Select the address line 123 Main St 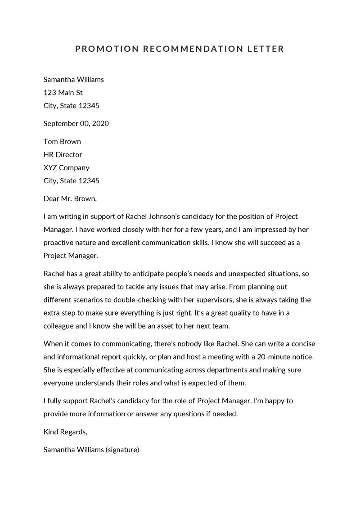(x=63, y=93)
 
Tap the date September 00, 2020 (x=76, y=123)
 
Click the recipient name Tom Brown (x=62, y=141)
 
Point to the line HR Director (x=63, y=154)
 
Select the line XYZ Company (x=66, y=167)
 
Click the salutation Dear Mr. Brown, (x=70, y=198)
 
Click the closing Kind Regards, (x=65, y=432)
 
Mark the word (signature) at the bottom (x=122, y=449)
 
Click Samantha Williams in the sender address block (x=73, y=80)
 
